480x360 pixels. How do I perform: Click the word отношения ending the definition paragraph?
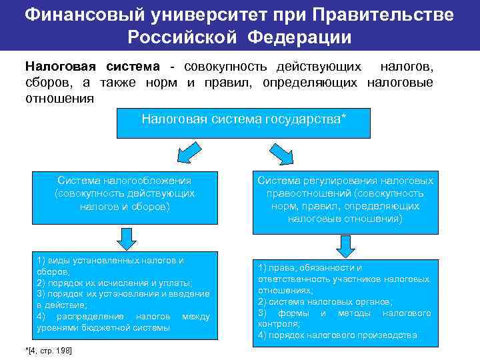click(x=59, y=98)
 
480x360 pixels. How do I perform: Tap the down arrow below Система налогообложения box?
click(x=125, y=236)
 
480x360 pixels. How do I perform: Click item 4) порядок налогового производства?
click(x=337, y=335)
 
